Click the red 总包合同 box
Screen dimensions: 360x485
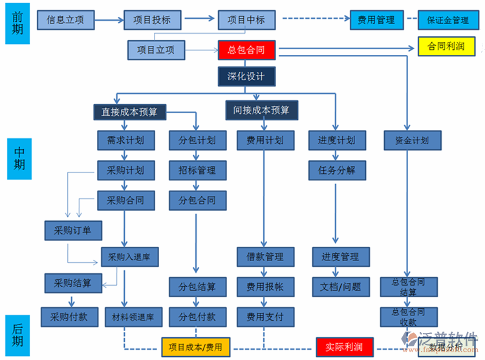tap(246, 49)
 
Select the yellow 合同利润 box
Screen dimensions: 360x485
tap(446, 47)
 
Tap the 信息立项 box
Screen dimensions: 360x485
tap(65, 20)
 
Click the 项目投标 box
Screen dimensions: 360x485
tap(151, 20)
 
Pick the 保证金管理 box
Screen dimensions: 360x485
tap(447, 20)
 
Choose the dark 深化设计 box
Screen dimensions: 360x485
tap(246, 77)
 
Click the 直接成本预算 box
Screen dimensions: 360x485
tap(129, 112)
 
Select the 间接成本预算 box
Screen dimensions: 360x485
tap(261, 110)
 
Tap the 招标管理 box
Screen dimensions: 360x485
tap(197, 171)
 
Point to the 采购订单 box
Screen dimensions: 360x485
tap(73, 229)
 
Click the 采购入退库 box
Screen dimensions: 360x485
tap(129, 257)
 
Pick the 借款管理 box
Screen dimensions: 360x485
tap(264, 257)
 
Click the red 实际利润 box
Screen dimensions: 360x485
tap(343, 347)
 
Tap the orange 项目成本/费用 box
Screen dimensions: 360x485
tap(195, 347)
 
